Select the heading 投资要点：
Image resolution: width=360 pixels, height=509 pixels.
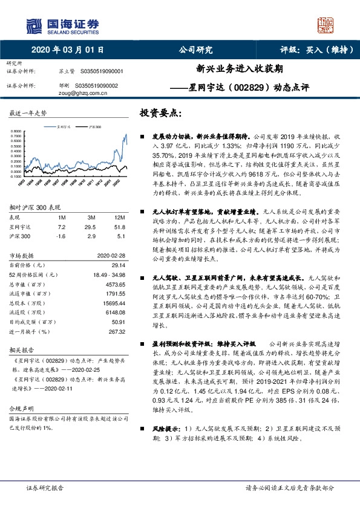click(163, 113)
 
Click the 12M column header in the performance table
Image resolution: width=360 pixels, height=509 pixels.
click(120, 217)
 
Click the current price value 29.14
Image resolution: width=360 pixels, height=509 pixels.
click(116, 264)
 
